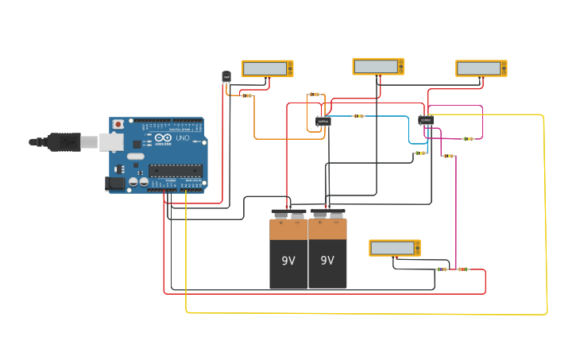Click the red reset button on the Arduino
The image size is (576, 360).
(118, 125)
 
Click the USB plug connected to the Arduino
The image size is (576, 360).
(68, 142)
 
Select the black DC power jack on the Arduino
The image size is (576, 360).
(115, 184)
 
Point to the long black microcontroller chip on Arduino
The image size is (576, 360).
(175, 169)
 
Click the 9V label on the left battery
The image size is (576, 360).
(288, 260)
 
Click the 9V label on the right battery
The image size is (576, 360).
(327, 260)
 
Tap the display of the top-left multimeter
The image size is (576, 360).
(265, 68)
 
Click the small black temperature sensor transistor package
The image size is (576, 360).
(226, 76)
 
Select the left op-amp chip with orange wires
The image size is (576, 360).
(323, 122)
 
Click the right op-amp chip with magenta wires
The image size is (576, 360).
(427, 120)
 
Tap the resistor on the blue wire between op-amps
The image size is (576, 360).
(358, 116)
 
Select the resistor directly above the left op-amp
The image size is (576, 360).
(315, 95)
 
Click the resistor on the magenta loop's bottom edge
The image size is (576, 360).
(468, 138)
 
